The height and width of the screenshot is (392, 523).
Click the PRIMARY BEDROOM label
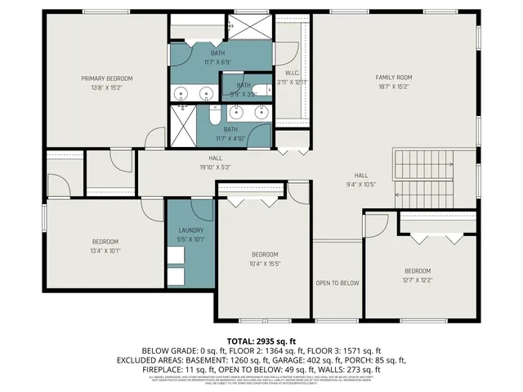(106, 78)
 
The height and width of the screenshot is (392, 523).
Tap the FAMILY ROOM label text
(391, 78)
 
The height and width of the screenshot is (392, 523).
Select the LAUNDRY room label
(190, 231)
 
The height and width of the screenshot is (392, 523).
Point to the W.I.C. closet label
(292, 73)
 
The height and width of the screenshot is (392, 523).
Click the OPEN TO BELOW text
(337, 283)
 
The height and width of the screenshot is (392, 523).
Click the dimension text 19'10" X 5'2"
(215, 167)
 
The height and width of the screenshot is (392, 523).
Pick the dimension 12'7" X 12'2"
(418, 279)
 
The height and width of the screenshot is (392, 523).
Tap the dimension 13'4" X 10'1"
(105, 251)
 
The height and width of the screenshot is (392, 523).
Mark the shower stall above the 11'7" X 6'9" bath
(248, 26)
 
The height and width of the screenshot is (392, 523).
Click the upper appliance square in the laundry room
(177, 255)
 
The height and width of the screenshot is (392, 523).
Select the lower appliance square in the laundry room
(177, 276)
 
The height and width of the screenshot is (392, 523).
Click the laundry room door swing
(202, 209)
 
